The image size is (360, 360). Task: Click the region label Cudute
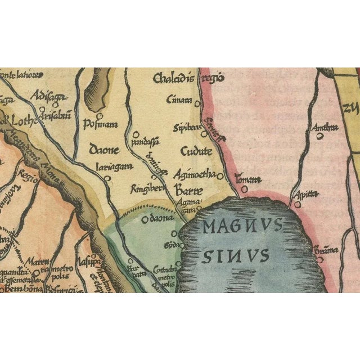coord(196,151)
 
